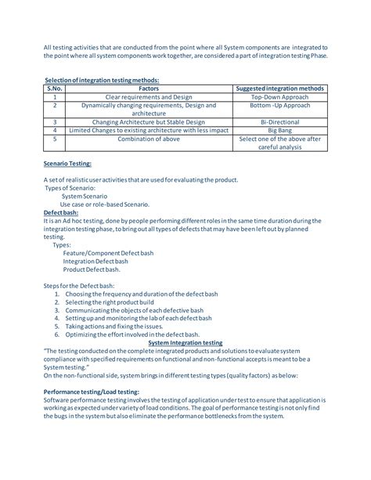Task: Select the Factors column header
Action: [149, 88]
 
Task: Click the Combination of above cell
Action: [149, 139]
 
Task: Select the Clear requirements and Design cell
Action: [149, 97]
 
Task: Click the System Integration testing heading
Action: [185, 343]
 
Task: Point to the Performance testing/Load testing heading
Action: [92, 392]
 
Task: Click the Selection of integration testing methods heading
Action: [102, 80]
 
